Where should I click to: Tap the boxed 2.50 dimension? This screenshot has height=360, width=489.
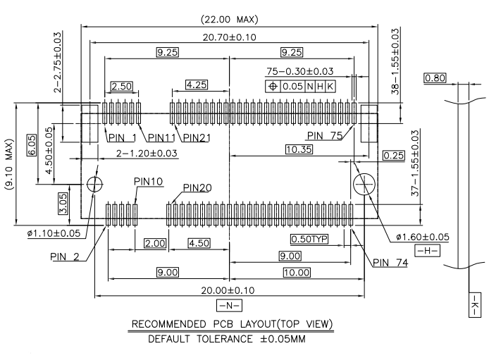[x=122, y=86]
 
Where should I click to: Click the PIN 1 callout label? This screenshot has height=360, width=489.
[x=121, y=137]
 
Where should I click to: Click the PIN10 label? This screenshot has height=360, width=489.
[x=148, y=182]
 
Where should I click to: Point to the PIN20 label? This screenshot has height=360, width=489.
[x=198, y=188]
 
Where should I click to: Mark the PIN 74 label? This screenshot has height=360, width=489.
[x=390, y=262]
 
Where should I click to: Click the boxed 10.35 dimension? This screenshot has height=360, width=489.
[x=303, y=149]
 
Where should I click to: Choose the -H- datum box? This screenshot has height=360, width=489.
[x=426, y=251]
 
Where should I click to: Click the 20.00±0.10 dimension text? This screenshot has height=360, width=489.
[x=230, y=290]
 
